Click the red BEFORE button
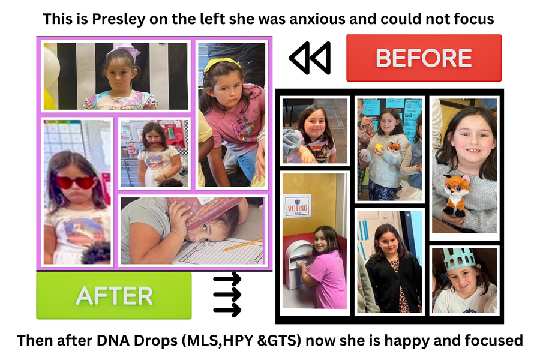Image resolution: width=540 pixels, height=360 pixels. (x=424, y=58)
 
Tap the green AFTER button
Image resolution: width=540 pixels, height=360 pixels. (x=114, y=295)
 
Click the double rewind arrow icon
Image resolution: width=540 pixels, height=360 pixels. (x=310, y=58)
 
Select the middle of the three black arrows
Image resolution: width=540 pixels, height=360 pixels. (x=227, y=295)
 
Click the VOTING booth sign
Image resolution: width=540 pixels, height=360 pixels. (x=297, y=206)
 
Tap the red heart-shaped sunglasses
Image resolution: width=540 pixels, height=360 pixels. (x=76, y=182)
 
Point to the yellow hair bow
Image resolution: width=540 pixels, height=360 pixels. (x=222, y=64)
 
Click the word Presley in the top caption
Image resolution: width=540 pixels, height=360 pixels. (x=118, y=19)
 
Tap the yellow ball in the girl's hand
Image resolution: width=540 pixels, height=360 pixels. (x=379, y=148)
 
